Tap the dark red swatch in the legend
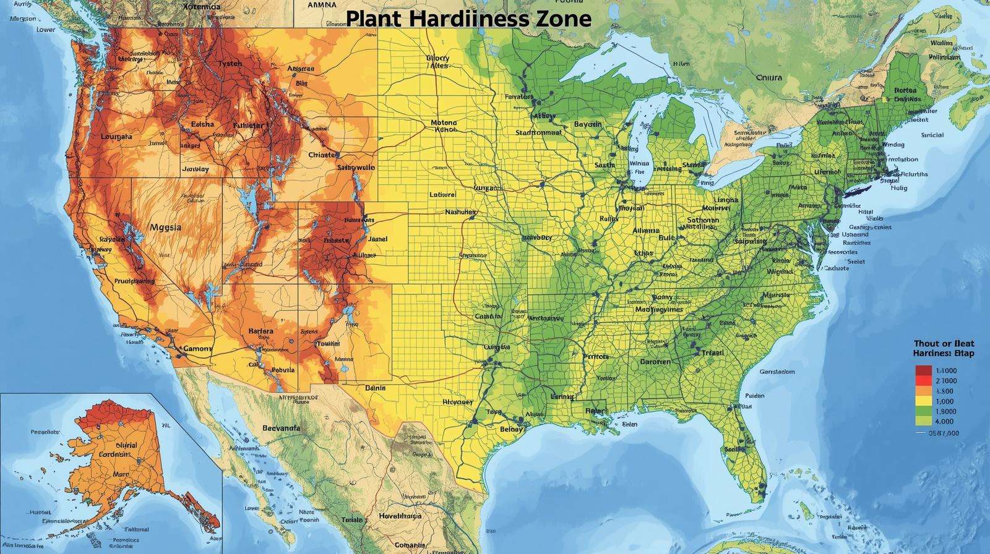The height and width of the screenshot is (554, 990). [x=923, y=370]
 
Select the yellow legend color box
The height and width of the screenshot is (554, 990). [x=923, y=401]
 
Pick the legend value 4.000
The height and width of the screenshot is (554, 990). [x=945, y=421]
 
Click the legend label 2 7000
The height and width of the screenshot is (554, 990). [x=946, y=381]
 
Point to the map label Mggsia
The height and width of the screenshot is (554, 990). [x=166, y=227]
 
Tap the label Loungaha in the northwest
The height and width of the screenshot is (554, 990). [x=116, y=137]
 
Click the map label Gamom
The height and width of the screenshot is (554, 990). [x=197, y=348]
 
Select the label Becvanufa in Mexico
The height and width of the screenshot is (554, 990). [x=281, y=427]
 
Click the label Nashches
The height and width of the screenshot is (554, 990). [x=461, y=212]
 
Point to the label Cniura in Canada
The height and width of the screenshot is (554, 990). [x=768, y=78]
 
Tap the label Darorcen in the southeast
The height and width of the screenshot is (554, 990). [x=655, y=362]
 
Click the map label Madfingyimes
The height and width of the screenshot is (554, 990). [x=660, y=309]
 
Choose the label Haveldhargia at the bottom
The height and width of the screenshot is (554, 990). [x=400, y=516]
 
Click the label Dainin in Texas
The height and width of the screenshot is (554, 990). [x=375, y=388]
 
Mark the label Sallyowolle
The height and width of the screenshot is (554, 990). [x=356, y=167]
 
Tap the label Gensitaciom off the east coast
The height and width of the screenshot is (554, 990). [x=777, y=372]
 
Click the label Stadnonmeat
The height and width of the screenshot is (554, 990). [x=538, y=132]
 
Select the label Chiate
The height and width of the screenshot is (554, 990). [x=322, y=155]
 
